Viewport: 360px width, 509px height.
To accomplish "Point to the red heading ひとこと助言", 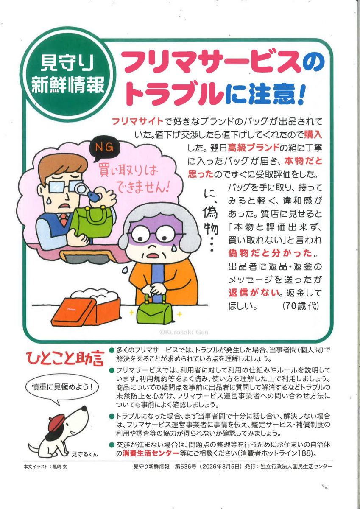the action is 65,359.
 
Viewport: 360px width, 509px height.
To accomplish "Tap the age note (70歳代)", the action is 301,306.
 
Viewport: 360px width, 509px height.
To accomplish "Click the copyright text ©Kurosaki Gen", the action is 184,332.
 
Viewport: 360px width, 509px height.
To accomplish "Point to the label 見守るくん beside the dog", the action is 84,453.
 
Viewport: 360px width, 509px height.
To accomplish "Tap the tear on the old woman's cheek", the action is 174,248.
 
